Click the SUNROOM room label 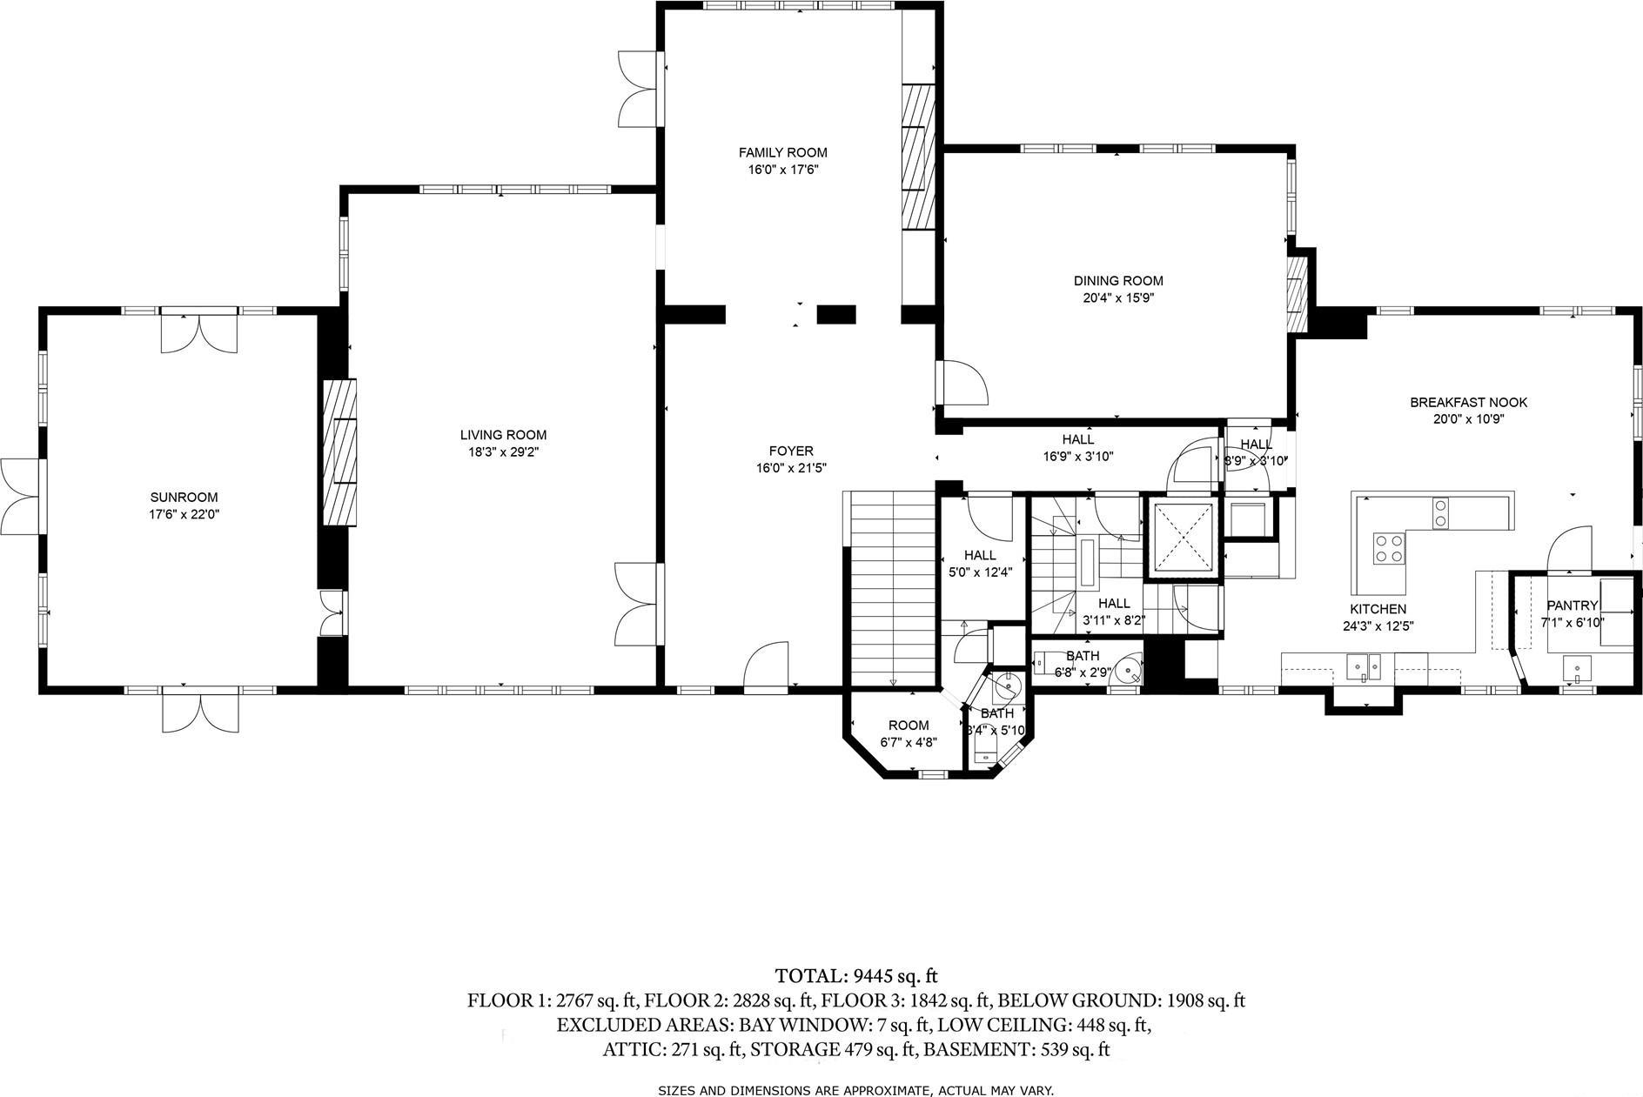pyautogui.click(x=184, y=498)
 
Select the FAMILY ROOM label pyautogui.click(x=782, y=153)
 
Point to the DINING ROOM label pyautogui.click(x=1117, y=281)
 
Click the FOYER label pyautogui.click(x=790, y=451)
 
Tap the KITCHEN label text pyautogui.click(x=1378, y=609)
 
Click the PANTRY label pyautogui.click(x=1572, y=605)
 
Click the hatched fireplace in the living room pyautogui.click(x=340, y=452)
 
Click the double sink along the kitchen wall pyautogui.click(x=1364, y=667)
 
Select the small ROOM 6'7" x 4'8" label pyautogui.click(x=908, y=726)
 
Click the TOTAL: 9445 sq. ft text pyautogui.click(x=855, y=976)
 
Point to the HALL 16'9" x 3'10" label pyautogui.click(x=1077, y=439)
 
